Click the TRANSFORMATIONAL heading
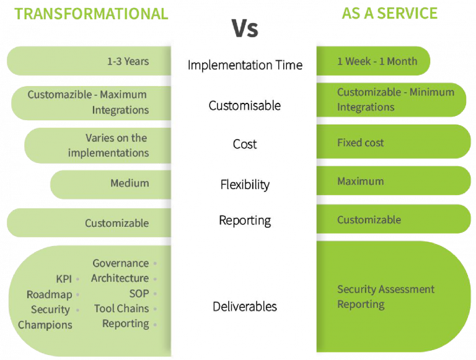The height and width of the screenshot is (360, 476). pyautogui.click(x=91, y=14)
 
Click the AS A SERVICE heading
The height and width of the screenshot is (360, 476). pyautogui.click(x=389, y=14)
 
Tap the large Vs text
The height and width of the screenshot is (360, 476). pyautogui.click(x=245, y=29)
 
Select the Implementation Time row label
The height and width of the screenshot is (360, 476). pyautogui.click(x=245, y=65)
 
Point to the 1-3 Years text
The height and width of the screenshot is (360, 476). pyautogui.click(x=128, y=61)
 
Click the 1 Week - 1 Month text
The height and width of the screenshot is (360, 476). pyautogui.click(x=377, y=61)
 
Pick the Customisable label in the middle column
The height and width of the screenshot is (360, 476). pyautogui.click(x=245, y=105)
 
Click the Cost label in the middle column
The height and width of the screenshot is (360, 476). pyautogui.click(x=245, y=144)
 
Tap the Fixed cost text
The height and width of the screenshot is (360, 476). pyautogui.click(x=360, y=143)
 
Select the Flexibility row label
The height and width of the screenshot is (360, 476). pyautogui.click(x=245, y=185)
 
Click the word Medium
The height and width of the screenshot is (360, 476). pyautogui.click(x=130, y=183)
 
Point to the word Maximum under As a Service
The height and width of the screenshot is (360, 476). pyautogui.click(x=360, y=181)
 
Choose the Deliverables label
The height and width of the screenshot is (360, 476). pyautogui.click(x=245, y=307)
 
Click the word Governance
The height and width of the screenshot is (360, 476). pyautogui.click(x=120, y=263)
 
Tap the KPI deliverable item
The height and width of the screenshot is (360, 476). pyautogui.click(x=64, y=279)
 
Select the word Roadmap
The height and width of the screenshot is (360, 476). pyautogui.click(x=49, y=294)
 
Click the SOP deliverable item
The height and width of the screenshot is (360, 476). pyautogui.click(x=139, y=294)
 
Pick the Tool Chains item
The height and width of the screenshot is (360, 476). pyautogui.click(x=121, y=309)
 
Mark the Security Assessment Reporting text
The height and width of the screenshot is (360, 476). pyautogui.click(x=386, y=297)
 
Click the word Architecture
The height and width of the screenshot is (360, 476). pyautogui.click(x=120, y=278)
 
